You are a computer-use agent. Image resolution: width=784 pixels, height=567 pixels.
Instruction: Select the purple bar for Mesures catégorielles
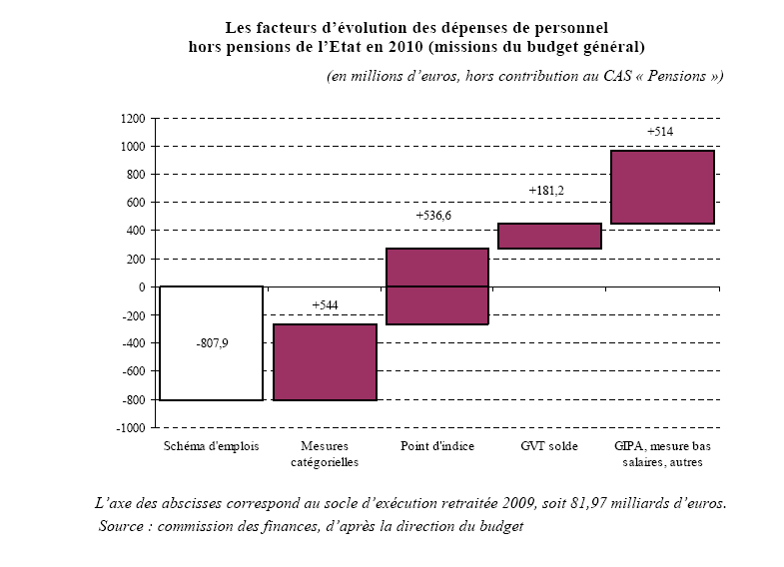point(325,361)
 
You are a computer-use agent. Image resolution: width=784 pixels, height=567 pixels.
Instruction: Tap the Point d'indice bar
point(437,286)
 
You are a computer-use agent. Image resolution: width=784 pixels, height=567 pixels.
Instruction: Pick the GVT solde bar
point(549,236)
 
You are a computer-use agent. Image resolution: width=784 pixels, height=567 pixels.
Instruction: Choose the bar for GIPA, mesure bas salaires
point(662,187)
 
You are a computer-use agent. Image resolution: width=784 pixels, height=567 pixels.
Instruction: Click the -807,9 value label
point(211,341)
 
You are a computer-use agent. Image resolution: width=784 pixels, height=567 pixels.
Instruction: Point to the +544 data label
point(325,303)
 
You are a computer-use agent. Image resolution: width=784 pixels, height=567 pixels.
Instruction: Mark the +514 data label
point(661,131)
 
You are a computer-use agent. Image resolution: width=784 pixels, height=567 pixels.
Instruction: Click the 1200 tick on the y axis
point(133,119)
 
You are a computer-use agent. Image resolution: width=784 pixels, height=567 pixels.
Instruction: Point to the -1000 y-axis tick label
point(131,428)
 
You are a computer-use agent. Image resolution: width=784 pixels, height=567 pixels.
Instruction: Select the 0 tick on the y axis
point(142,287)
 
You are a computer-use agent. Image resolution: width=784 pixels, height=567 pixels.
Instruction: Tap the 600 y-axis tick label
point(136,203)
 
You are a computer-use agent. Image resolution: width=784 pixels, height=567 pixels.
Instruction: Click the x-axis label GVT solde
point(549,446)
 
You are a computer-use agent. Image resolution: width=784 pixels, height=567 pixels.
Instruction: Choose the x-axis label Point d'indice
point(436,446)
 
